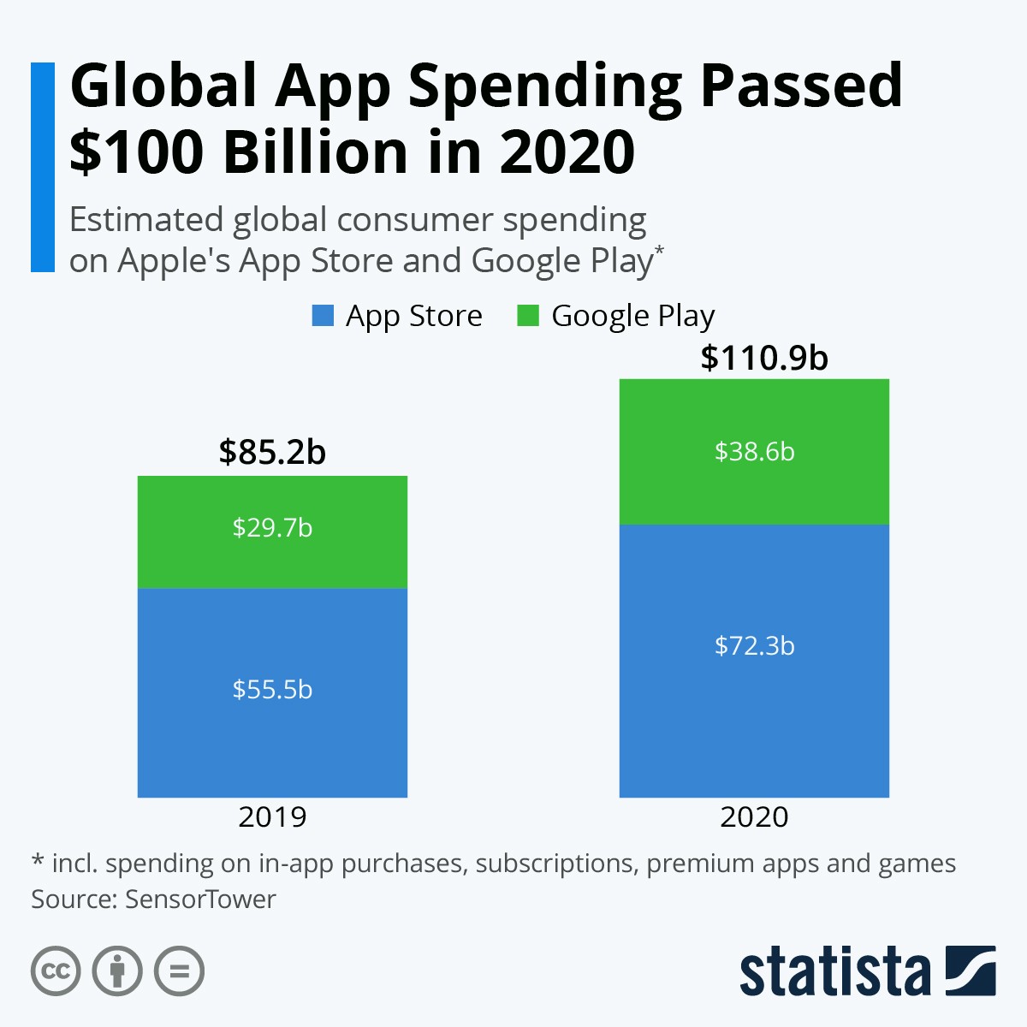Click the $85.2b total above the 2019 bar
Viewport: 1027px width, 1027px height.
pos(272,452)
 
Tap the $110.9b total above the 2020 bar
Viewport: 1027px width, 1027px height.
pos(764,358)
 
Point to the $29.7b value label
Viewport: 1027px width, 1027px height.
pos(272,527)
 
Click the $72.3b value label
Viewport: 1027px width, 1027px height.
pos(754,645)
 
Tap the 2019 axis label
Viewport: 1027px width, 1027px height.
pos(272,816)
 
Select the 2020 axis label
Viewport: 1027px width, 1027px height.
pos(754,816)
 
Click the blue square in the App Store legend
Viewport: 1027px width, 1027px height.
pos(323,316)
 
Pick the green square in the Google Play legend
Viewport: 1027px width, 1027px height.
pos(528,316)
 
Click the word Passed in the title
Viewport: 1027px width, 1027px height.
pos(801,86)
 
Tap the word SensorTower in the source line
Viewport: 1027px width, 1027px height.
pos(200,899)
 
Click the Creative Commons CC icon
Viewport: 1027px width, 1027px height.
pos(56,971)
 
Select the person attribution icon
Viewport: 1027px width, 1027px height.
pos(117,971)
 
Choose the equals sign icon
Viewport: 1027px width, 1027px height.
pos(179,971)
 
